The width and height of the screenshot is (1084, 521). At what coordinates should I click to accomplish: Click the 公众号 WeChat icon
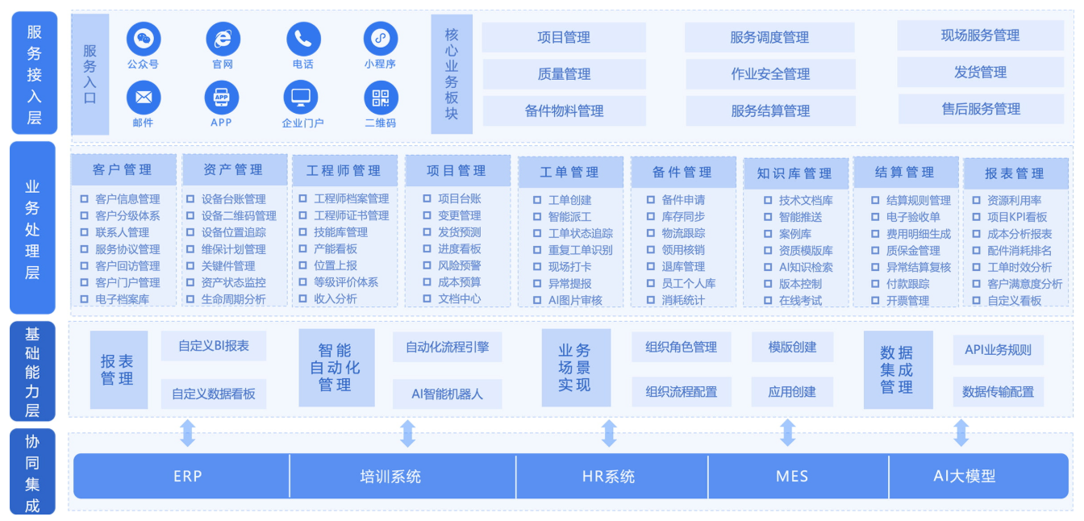[x=144, y=39]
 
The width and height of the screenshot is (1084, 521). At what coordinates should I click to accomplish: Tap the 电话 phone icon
[x=303, y=39]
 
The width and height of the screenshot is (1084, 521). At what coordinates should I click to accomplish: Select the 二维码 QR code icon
[x=381, y=98]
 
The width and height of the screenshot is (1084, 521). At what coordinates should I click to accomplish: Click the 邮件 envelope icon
[x=144, y=98]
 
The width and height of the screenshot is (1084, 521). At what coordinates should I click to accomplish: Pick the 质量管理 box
[x=564, y=74]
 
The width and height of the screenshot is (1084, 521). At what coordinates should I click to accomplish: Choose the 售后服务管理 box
[x=981, y=109]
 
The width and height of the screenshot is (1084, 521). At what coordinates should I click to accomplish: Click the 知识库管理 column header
[x=795, y=173]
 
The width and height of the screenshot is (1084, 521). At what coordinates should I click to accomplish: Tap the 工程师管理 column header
[x=344, y=170]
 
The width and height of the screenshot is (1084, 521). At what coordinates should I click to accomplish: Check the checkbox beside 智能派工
[x=536, y=217]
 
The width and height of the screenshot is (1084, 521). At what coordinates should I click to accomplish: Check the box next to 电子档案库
[x=84, y=299]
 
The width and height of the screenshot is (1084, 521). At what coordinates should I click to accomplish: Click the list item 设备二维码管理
[x=239, y=216]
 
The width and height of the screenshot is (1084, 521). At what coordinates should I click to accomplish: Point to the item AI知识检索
[x=806, y=267]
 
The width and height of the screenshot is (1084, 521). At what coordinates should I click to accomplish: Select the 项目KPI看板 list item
[x=1017, y=217]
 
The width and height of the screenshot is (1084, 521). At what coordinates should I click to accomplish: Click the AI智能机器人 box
[x=447, y=394]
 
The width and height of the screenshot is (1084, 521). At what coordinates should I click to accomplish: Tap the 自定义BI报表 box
[x=214, y=346]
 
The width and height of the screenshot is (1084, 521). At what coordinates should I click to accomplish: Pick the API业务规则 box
[x=998, y=350]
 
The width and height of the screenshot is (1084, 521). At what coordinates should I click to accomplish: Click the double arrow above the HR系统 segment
[x=609, y=433]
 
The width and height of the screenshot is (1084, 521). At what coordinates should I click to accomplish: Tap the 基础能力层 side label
[x=32, y=371]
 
